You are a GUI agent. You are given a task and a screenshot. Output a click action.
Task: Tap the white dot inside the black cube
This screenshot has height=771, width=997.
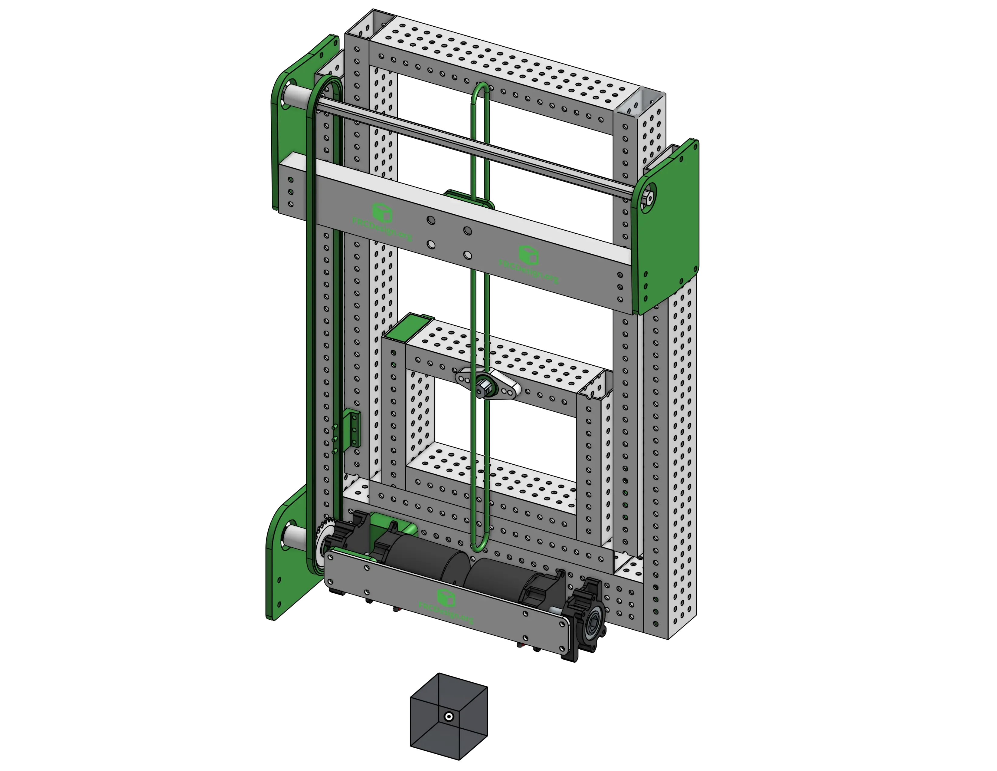(x=449, y=717)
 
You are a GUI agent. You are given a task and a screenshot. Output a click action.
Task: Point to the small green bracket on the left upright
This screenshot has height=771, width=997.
(x=354, y=427)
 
